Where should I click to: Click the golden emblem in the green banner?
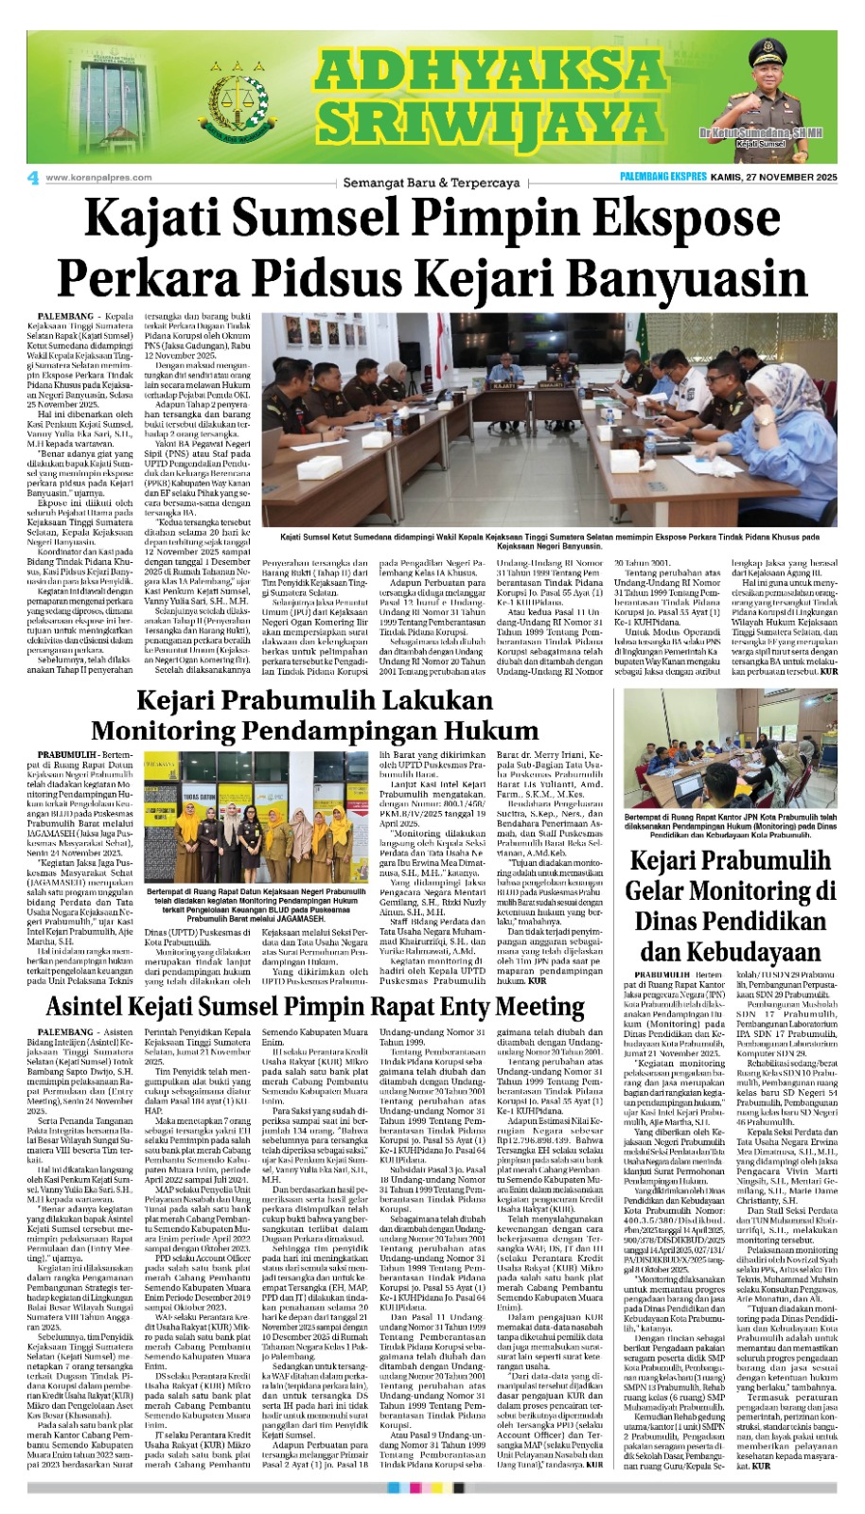coord(235,101)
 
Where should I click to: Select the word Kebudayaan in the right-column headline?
coord(729,950)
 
